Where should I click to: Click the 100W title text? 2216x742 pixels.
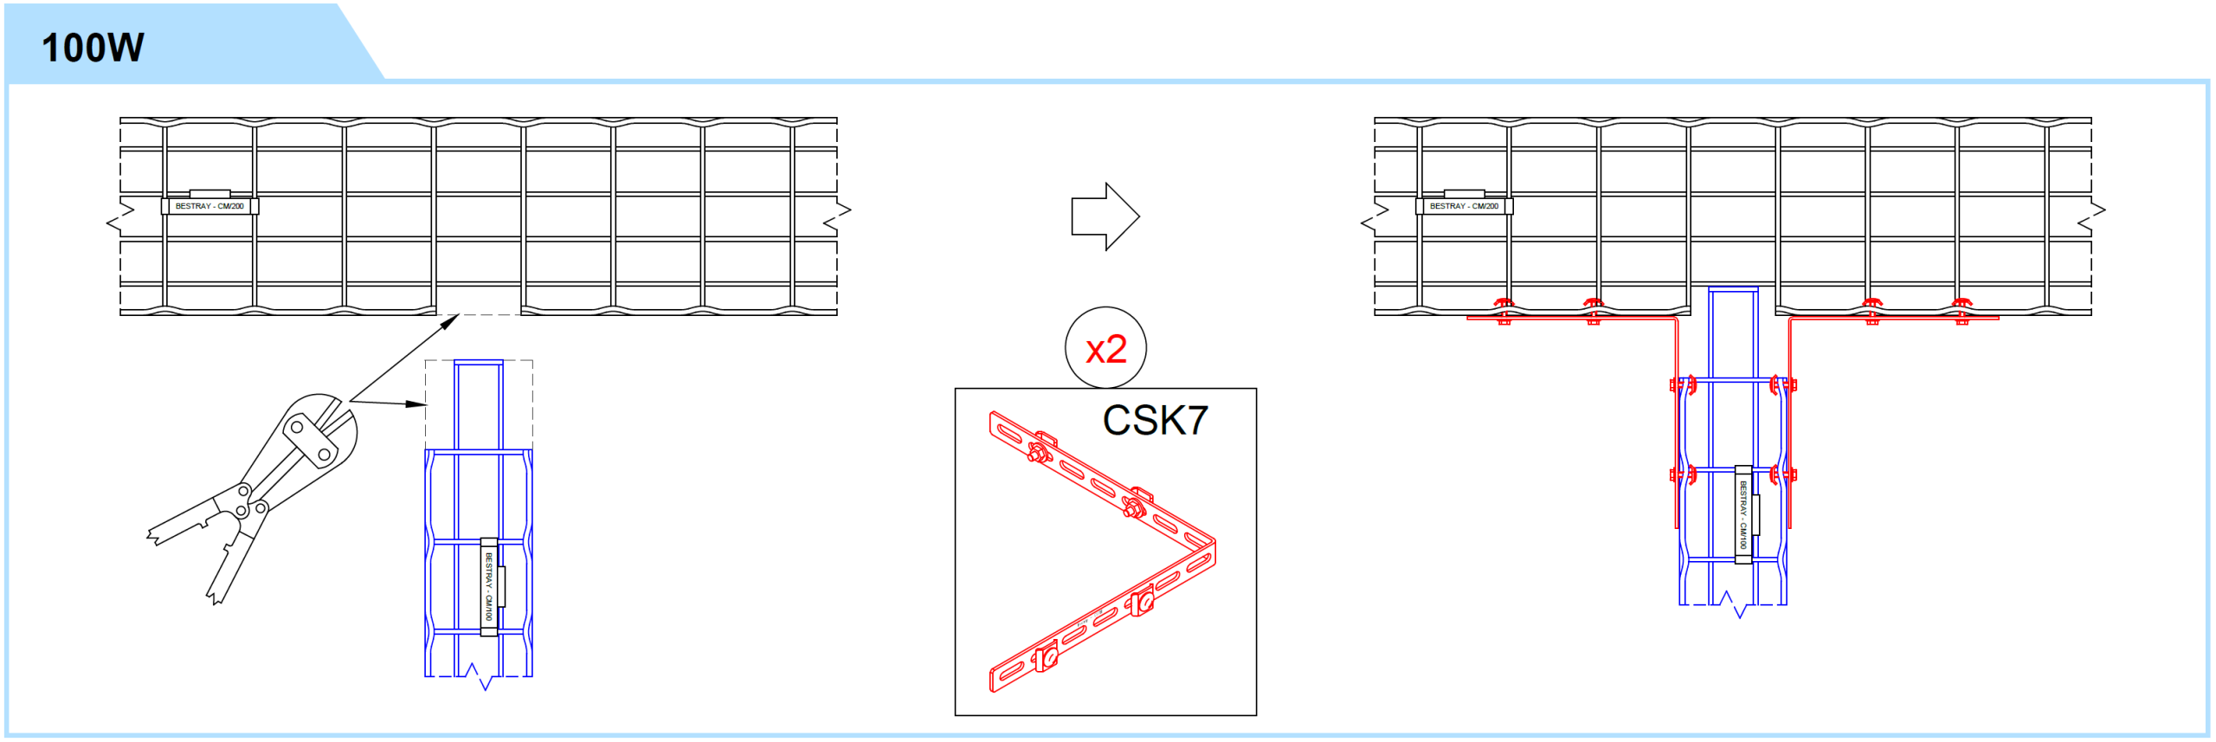coord(93,48)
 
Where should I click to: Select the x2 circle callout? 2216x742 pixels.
coord(1105,348)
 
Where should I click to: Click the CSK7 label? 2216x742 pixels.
coord(1155,421)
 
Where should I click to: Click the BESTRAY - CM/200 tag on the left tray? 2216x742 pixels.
coord(209,206)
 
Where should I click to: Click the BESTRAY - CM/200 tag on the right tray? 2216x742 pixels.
coord(1464,206)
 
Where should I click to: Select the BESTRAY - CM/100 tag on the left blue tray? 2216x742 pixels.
coord(489,587)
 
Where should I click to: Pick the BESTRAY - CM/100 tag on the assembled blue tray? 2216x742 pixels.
coord(1743,515)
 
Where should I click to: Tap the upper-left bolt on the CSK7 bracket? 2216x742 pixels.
coord(1035,451)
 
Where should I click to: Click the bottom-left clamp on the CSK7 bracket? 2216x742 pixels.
coord(1046,657)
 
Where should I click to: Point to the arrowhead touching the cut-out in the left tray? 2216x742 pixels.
coord(450,321)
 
